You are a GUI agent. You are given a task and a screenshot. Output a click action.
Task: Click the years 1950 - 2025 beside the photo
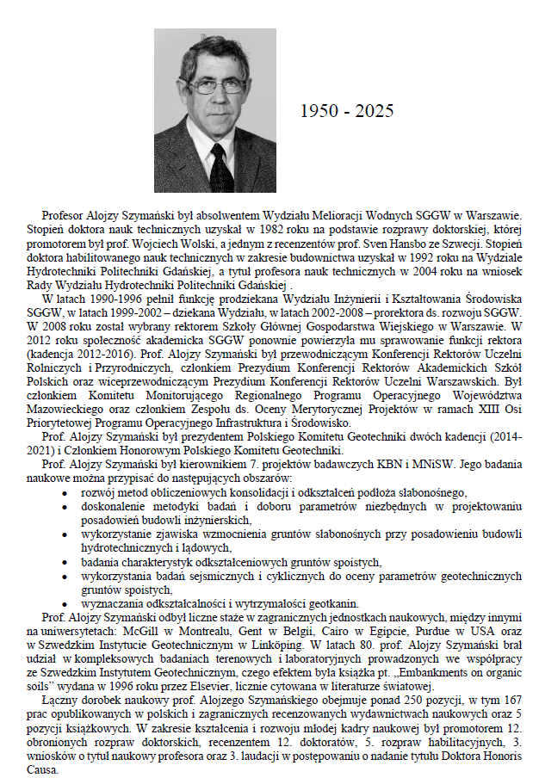tap(347, 111)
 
